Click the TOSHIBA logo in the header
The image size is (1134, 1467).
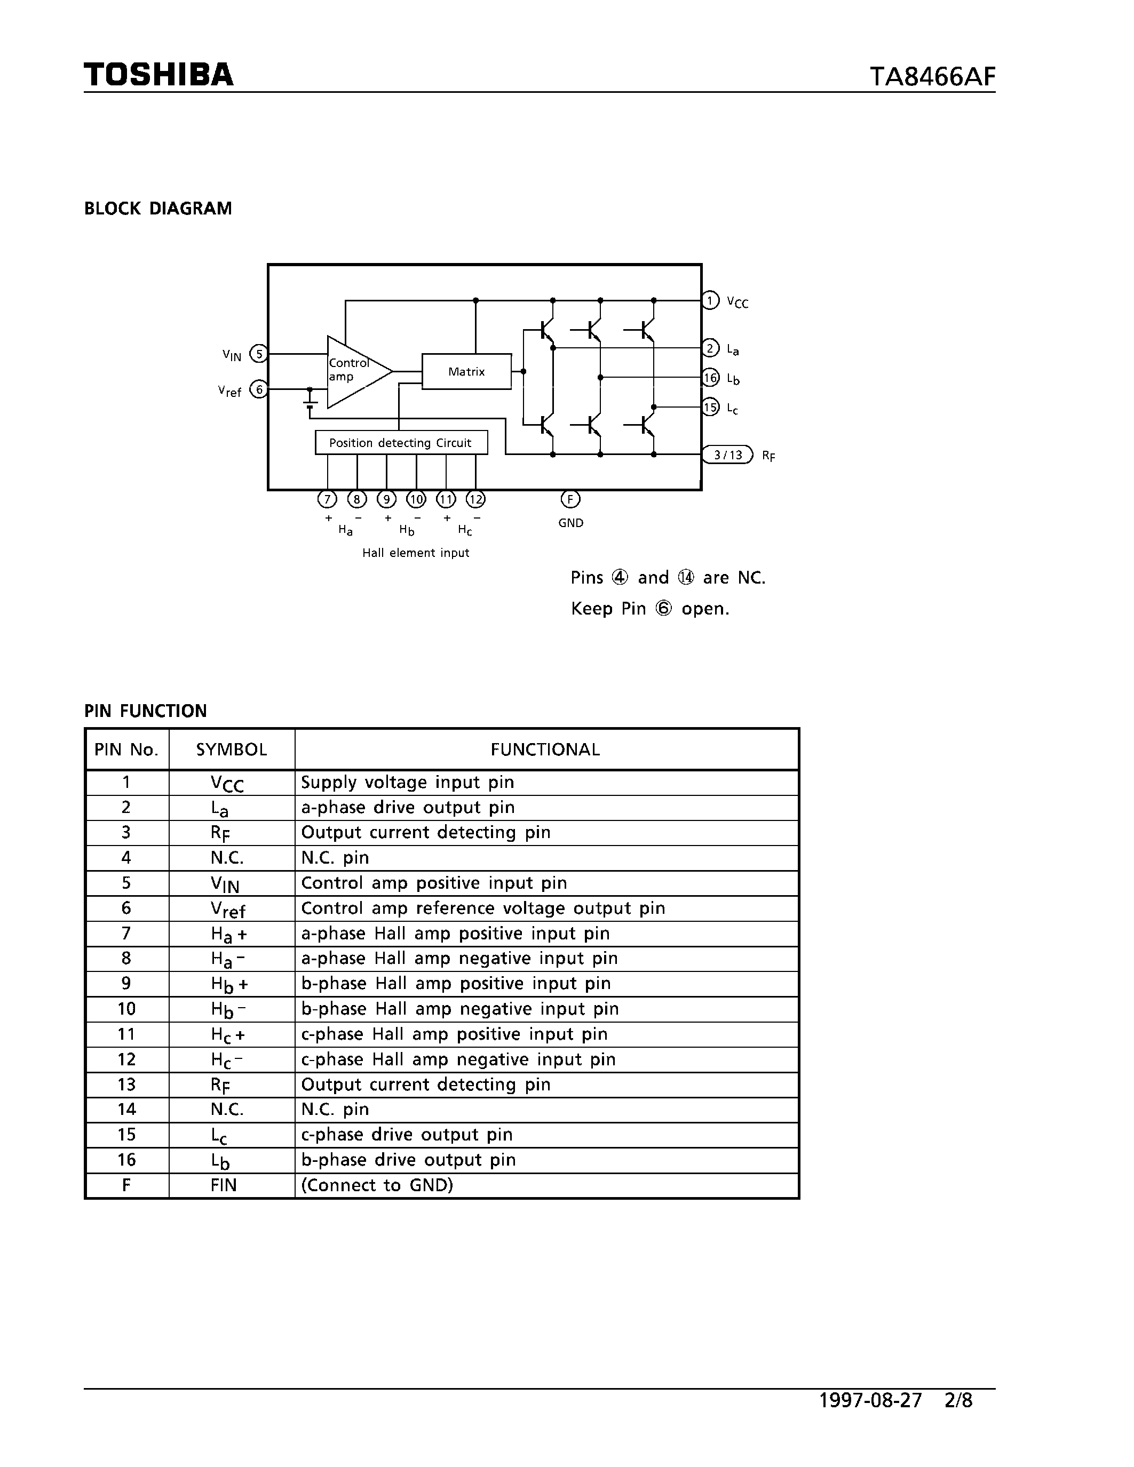point(158,75)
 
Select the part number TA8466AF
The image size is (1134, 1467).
point(932,77)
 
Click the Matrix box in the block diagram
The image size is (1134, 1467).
point(466,371)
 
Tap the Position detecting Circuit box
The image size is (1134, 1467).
point(401,443)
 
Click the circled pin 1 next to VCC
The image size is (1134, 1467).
point(710,300)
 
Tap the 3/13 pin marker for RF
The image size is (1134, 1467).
point(727,455)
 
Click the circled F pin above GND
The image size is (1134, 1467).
point(570,499)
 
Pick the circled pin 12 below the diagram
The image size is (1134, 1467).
point(475,499)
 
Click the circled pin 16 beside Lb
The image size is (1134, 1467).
point(710,378)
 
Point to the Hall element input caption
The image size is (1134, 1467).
point(416,553)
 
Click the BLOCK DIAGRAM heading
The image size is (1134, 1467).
point(158,209)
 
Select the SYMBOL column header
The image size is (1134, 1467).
point(232,750)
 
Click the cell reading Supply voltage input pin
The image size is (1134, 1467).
point(407,783)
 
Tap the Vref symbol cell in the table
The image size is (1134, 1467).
point(228,909)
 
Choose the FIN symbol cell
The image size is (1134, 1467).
point(224,1185)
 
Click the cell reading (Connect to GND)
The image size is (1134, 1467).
point(377,1185)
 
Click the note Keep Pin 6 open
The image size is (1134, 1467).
point(649,609)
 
